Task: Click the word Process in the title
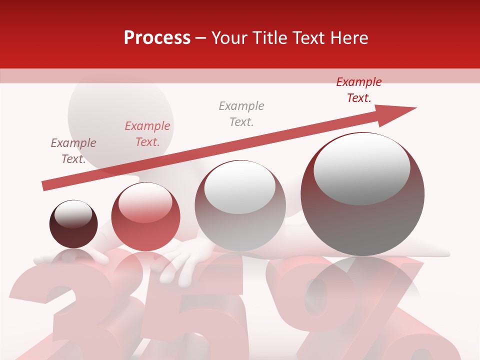pos(157,38)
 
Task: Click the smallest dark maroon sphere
pos(73,224)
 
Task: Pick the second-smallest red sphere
pos(145,217)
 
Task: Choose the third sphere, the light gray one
pos(240,205)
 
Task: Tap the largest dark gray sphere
pos(362,194)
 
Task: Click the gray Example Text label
pos(241,113)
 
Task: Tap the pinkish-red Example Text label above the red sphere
pos(147,134)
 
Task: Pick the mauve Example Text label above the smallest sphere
pos(73,150)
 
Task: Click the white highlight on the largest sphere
pos(361,168)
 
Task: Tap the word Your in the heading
pos(230,38)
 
